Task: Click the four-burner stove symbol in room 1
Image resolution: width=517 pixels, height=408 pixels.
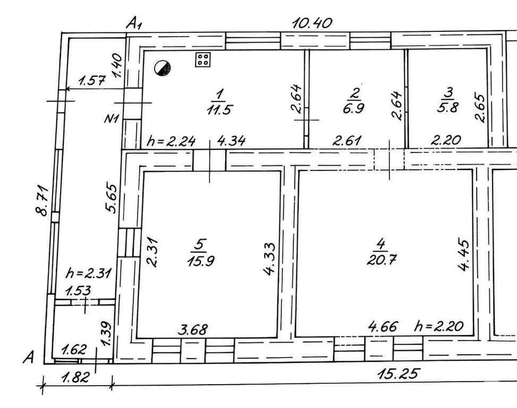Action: pyautogui.click(x=203, y=59)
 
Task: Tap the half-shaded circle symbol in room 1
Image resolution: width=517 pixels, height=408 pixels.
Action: pyautogui.click(x=163, y=68)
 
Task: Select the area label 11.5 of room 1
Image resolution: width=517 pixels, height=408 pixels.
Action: pyautogui.click(x=219, y=109)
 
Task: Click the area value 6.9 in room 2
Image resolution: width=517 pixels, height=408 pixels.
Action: pyautogui.click(x=353, y=108)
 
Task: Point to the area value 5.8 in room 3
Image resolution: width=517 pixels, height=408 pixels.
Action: pyautogui.click(x=447, y=107)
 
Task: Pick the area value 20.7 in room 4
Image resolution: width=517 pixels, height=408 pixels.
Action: pyautogui.click(x=382, y=260)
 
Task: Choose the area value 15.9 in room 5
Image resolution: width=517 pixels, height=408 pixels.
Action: pyautogui.click(x=201, y=261)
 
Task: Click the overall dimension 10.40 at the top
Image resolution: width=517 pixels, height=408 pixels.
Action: pyautogui.click(x=312, y=23)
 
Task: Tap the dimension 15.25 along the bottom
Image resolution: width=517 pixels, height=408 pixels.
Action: pyautogui.click(x=399, y=373)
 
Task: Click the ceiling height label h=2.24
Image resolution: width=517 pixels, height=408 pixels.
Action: pyautogui.click(x=171, y=141)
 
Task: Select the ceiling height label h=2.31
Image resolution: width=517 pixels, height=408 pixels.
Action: pyautogui.click(x=89, y=273)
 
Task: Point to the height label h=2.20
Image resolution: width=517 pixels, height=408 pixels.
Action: pyautogui.click(x=439, y=326)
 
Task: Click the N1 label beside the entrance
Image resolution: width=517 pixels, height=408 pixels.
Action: pyautogui.click(x=112, y=118)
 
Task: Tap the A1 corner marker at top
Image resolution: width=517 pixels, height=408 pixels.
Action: pyautogui.click(x=134, y=24)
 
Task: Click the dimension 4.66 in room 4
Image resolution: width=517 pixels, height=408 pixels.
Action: pyautogui.click(x=383, y=327)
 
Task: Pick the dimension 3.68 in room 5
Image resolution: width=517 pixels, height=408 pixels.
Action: pyautogui.click(x=193, y=329)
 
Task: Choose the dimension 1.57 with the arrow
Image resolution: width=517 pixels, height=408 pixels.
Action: pyautogui.click(x=92, y=80)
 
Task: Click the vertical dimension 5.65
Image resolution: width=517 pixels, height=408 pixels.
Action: pyautogui.click(x=111, y=198)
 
